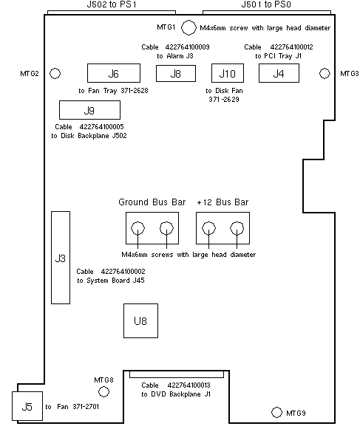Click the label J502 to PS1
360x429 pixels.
point(112,4)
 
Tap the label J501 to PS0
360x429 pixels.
point(266,4)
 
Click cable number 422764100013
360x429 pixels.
point(189,385)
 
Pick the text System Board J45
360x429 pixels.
point(115,281)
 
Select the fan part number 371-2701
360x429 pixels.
point(86,407)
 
